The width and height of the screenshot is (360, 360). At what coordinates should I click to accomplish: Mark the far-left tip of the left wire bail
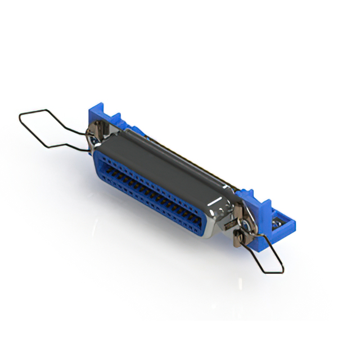coord(20,117)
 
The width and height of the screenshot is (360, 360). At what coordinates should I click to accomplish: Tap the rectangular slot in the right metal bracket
coord(237,211)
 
